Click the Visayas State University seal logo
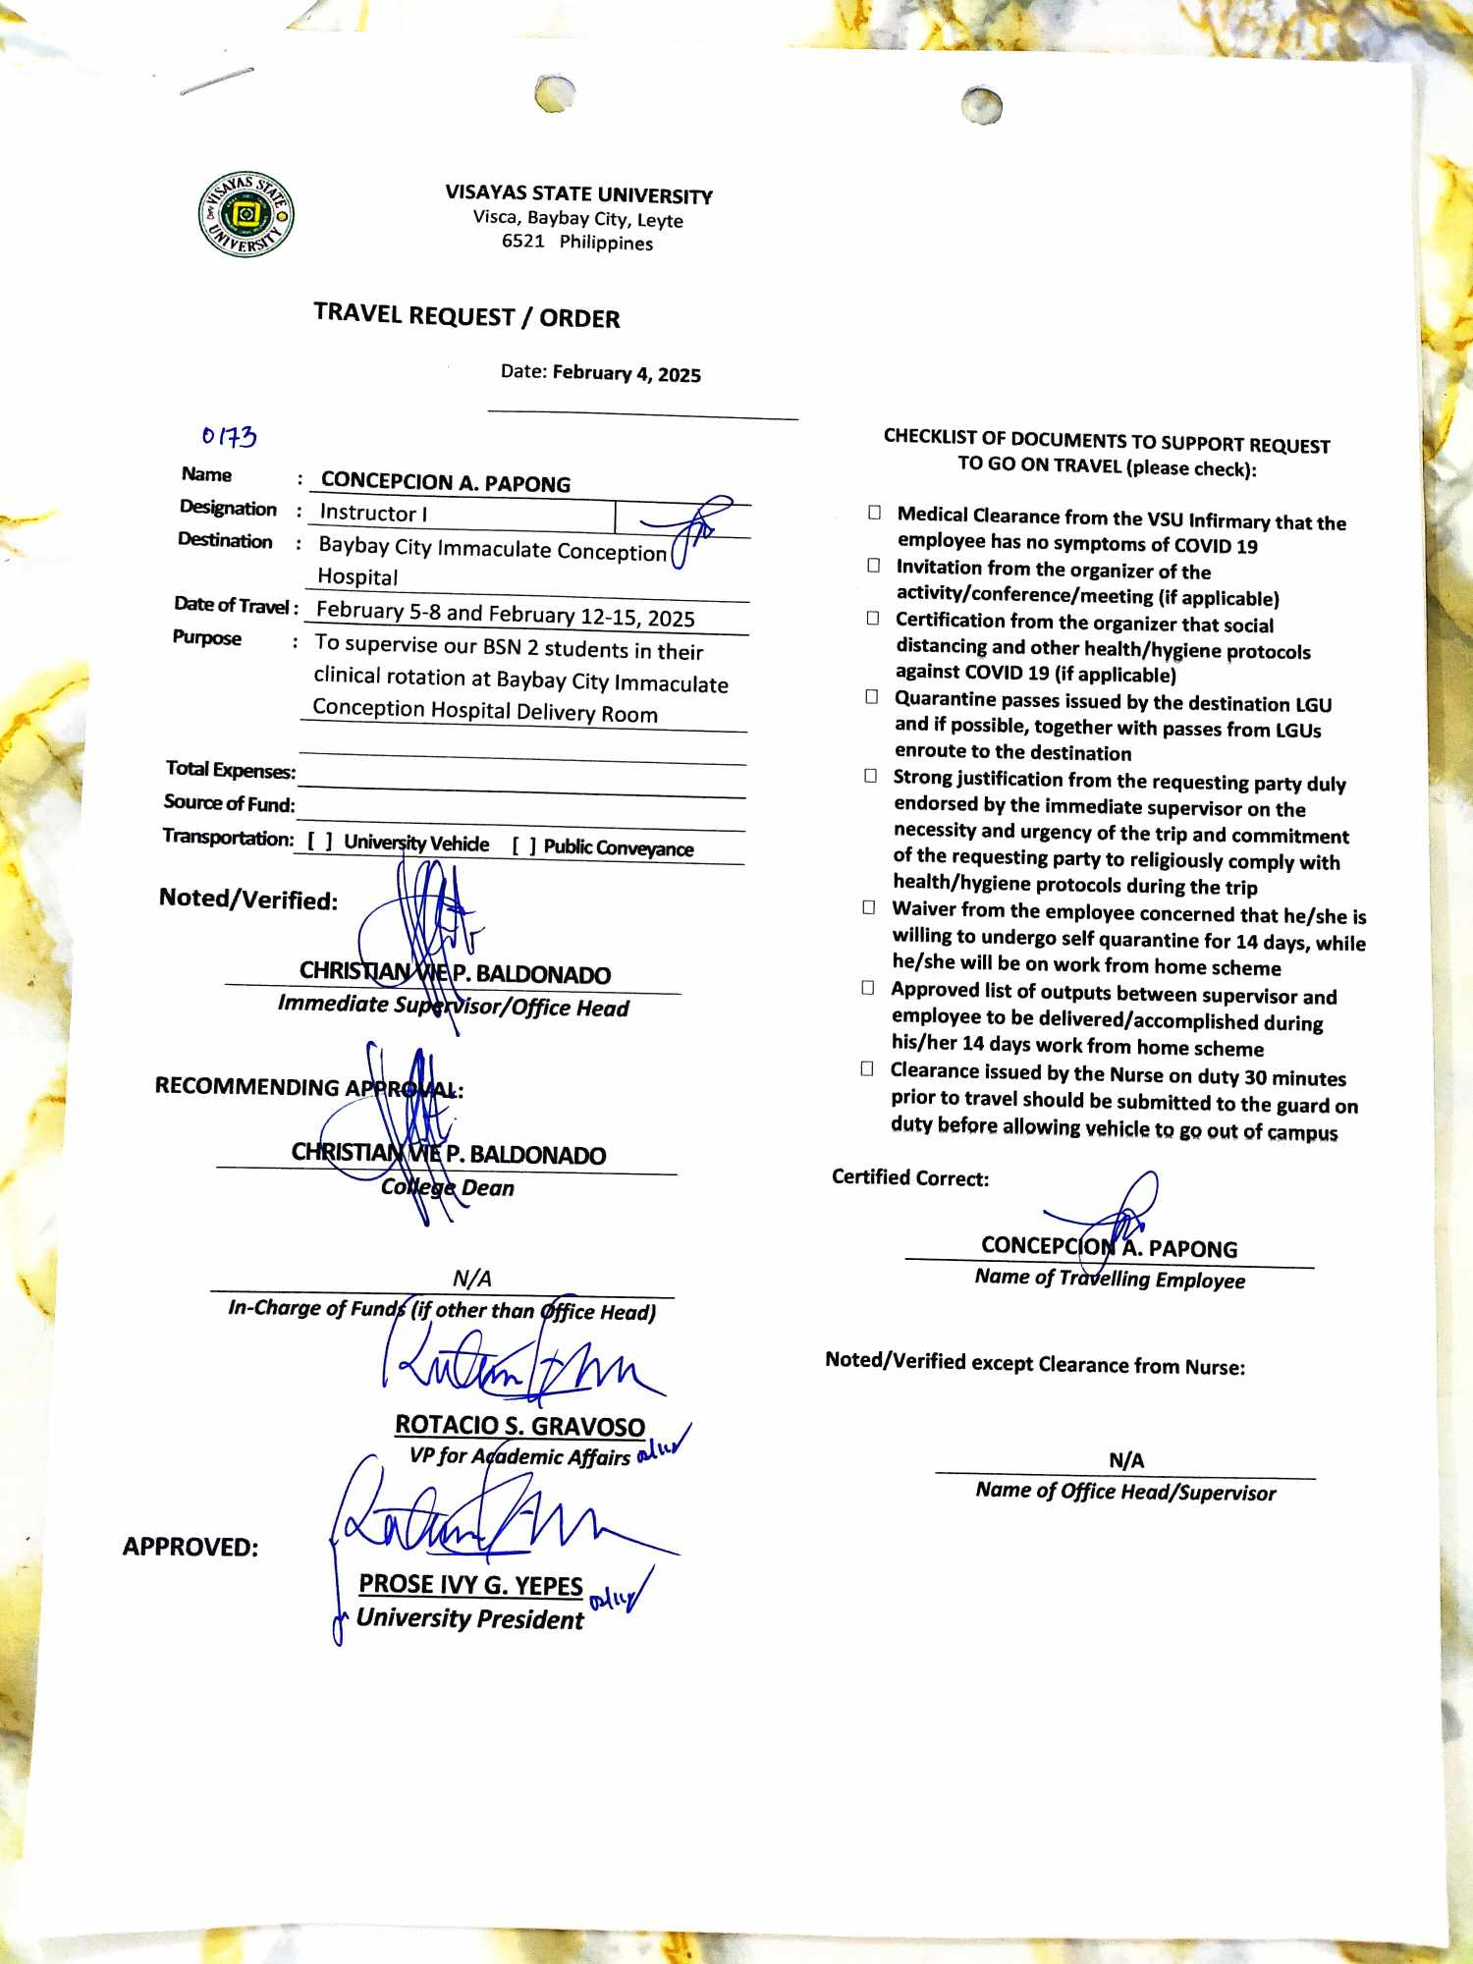pos(246,214)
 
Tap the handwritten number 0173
pos(229,436)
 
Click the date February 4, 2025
pos(626,373)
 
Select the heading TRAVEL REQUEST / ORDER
pos(466,316)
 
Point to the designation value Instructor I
pos(373,513)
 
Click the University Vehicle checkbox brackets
pos(320,842)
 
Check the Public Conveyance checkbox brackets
pos(524,846)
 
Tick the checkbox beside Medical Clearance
pos(874,513)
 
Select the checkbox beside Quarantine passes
pos(871,697)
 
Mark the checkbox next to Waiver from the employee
pos(868,907)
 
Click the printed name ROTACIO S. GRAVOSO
pos(519,1425)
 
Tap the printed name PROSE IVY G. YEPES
pos(470,1585)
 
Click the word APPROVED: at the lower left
pos(191,1548)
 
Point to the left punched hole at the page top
pos(555,94)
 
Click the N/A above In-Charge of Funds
pos(471,1278)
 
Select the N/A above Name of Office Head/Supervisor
pos(1126,1460)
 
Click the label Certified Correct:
pos(910,1177)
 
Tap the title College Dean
pos(448,1187)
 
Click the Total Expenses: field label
pos(231,769)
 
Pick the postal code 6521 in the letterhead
pos(522,241)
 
